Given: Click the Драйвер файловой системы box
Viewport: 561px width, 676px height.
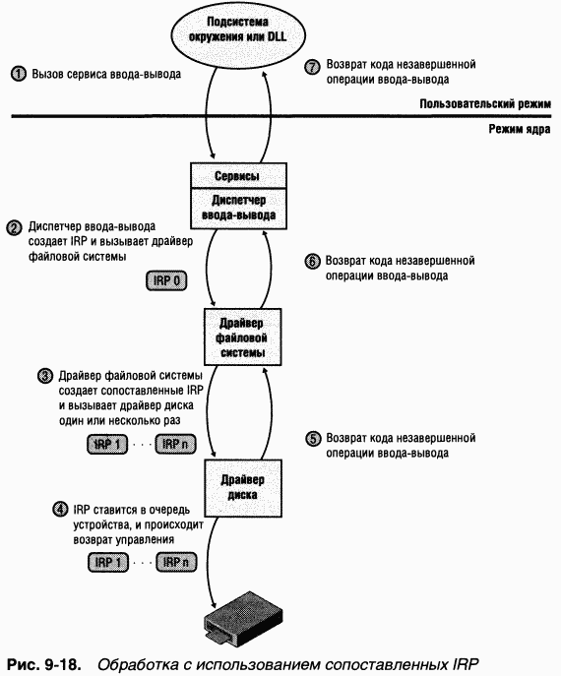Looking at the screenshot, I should [x=237, y=338].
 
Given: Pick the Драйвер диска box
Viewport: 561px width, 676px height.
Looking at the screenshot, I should [x=237, y=486].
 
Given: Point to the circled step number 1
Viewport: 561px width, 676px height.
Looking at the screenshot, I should [x=17, y=74].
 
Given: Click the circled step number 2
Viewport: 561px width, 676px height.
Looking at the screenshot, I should [x=15, y=226].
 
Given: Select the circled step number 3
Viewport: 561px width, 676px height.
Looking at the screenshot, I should [x=44, y=376].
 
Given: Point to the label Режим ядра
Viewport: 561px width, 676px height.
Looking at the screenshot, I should [x=520, y=129].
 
